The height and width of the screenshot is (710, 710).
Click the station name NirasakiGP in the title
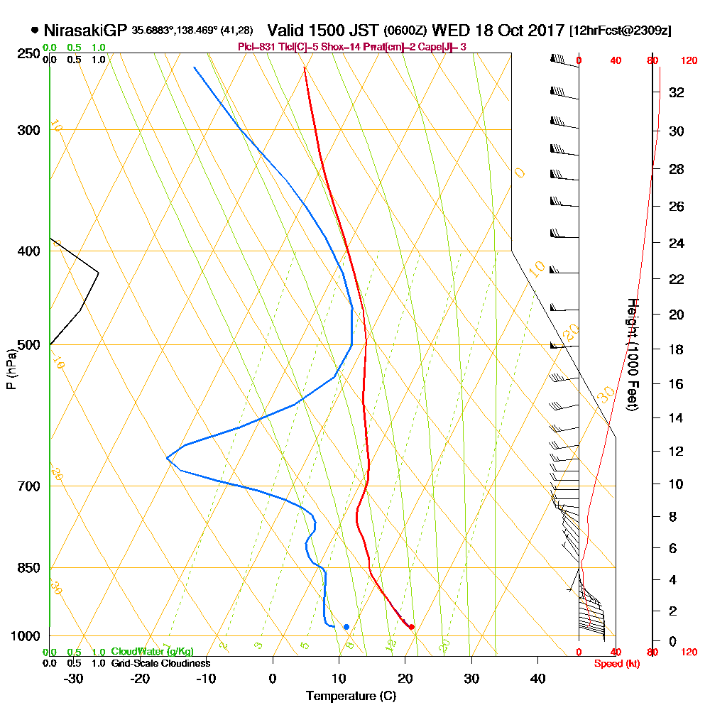tap(85, 31)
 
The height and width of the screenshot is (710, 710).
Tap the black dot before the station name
tap(35, 31)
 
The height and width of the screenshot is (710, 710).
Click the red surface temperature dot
tap(412, 626)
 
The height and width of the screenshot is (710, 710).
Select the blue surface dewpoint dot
tap(346, 627)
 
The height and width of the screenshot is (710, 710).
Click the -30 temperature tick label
tap(73, 678)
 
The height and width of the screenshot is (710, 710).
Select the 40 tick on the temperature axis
tap(537, 678)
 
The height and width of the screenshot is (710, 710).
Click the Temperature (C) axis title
tap(351, 697)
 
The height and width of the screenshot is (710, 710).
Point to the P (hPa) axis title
tap(11, 368)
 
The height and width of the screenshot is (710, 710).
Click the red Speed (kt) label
tap(615, 664)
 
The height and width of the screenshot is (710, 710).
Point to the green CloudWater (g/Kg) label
tap(152, 652)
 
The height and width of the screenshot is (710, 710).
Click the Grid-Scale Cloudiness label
tap(160, 663)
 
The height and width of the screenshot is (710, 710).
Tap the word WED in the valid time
tap(450, 31)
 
